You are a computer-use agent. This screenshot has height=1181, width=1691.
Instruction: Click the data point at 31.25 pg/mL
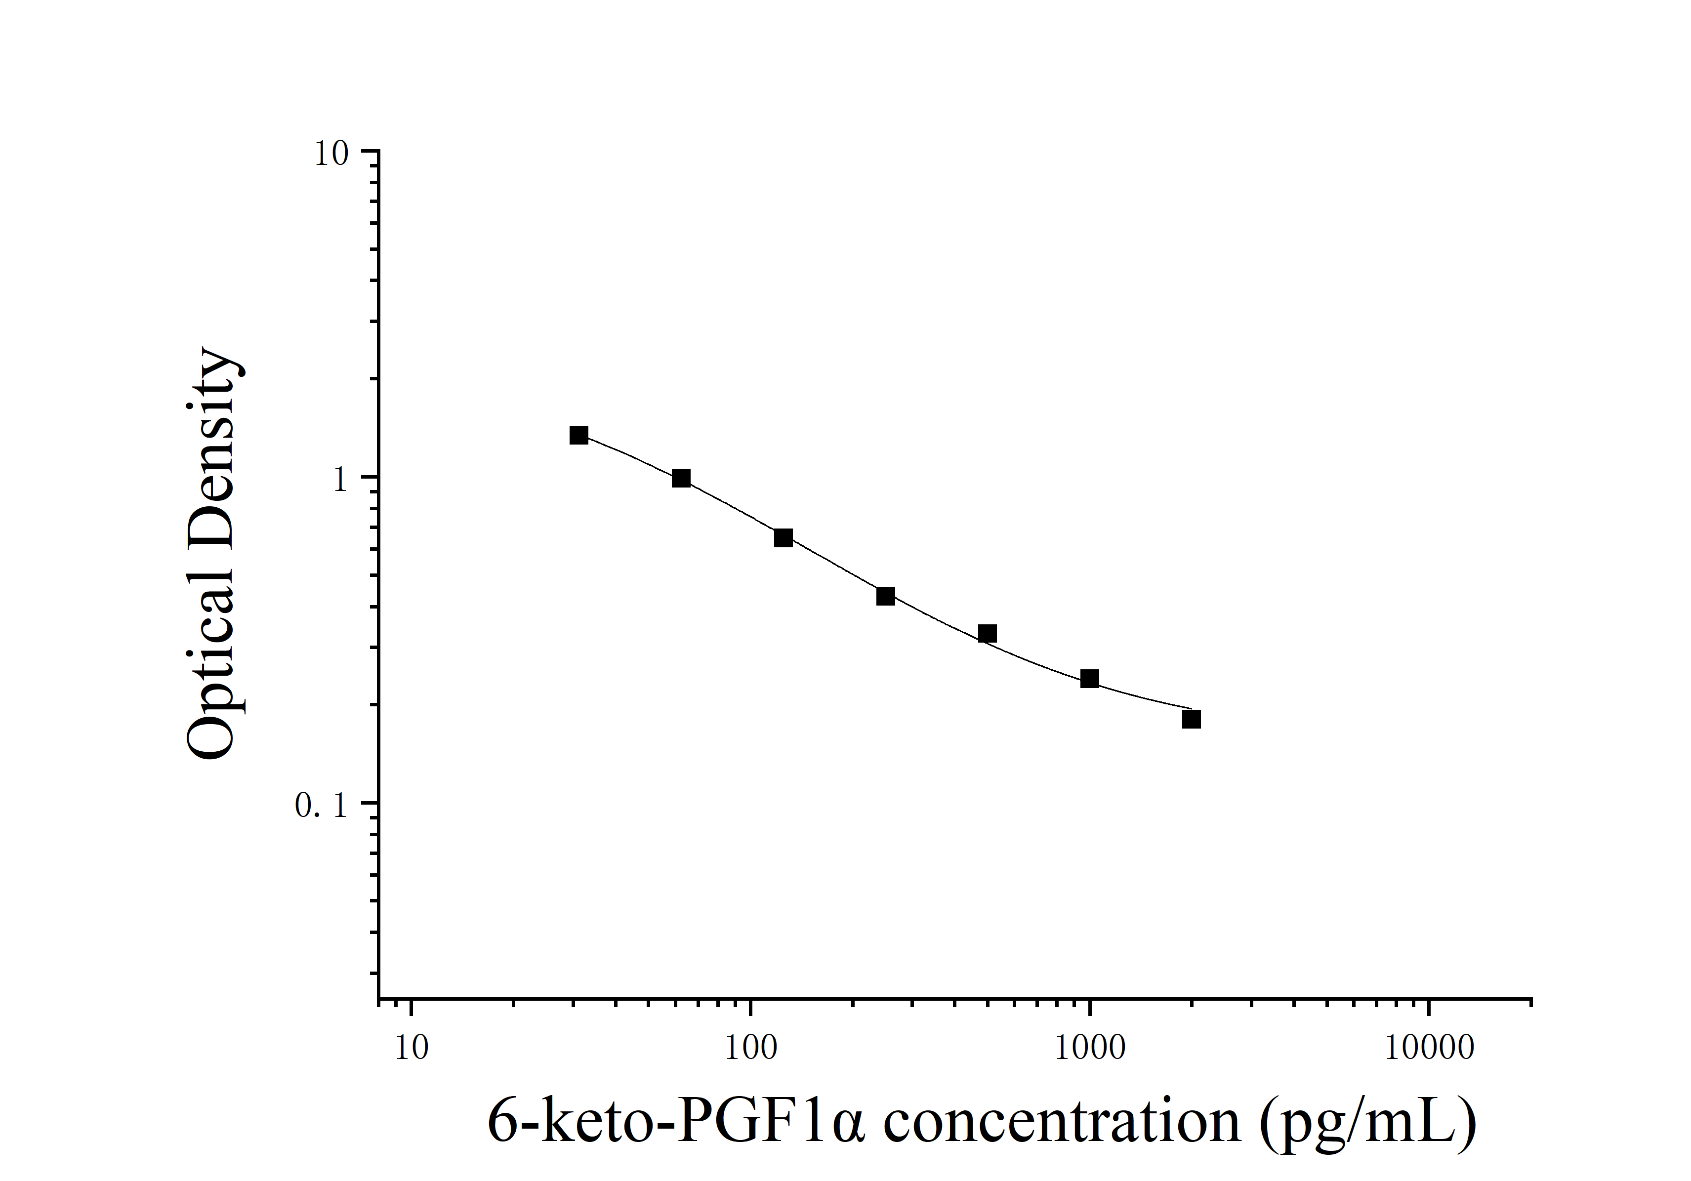pyautogui.click(x=579, y=435)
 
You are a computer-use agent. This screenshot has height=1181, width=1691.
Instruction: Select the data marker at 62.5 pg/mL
pyautogui.click(x=681, y=479)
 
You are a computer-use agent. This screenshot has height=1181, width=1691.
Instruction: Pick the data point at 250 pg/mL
pyautogui.click(x=886, y=596)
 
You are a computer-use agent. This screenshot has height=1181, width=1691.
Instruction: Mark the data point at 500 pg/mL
pyautogui.click(x=988, y=633)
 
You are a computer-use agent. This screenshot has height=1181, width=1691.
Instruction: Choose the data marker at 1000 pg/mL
pyautogui.click(x=1090, y=679)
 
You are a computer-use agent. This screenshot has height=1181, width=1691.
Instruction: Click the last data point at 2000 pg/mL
pyautogui.click(x=1192, y=719)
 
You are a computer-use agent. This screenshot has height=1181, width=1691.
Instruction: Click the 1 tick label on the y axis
pyautogui.click(x=339, y=480)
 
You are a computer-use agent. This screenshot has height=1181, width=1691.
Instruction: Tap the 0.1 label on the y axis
pyautogui.click(x=321, y=806)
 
